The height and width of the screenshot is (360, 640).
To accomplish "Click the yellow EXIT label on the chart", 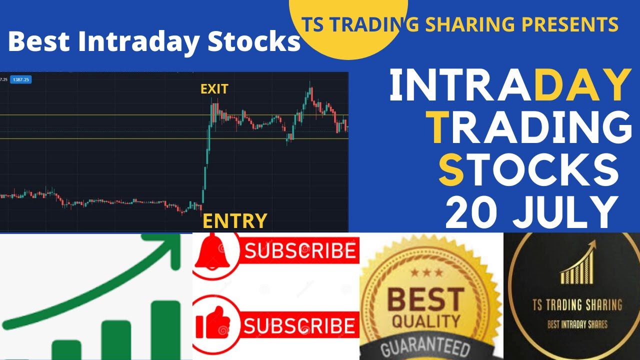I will click(x=214, y=89).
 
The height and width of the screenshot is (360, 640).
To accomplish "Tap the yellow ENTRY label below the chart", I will click(x=234, y=220).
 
